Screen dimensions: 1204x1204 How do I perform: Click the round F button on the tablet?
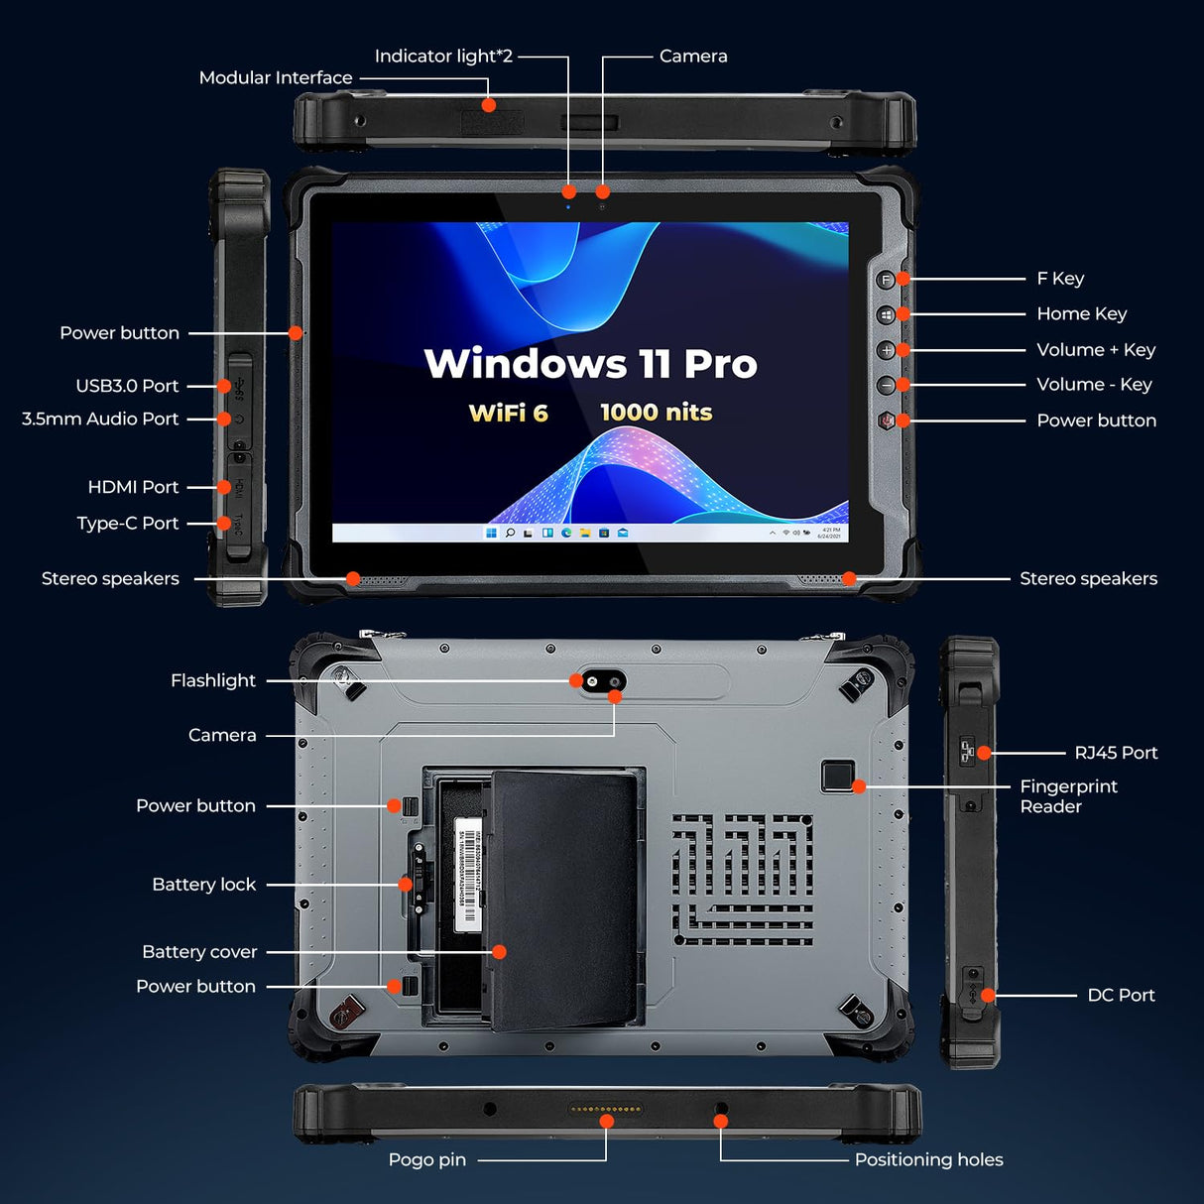tap(887, 280)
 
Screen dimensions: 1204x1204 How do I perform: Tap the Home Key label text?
tap(1081, 314)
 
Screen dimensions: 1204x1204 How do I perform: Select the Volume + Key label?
tap(1095, 350)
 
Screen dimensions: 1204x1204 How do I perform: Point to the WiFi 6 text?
tap(508, 413)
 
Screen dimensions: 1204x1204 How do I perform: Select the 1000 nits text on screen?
tap(656, 413)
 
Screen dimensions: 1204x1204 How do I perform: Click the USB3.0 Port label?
tap(127, 386)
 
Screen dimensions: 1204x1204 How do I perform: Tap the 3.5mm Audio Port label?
tap(100, 420)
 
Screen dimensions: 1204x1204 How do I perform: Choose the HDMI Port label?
tap(133, 487)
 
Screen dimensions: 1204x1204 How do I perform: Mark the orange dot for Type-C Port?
tap(225, 523)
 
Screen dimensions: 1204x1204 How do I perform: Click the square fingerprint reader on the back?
tap(838, 776)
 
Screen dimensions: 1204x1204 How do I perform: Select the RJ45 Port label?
tap(1116, 753)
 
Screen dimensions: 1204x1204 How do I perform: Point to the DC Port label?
tap(1121, 995)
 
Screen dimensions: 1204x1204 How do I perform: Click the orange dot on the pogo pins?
tap(606, 1122)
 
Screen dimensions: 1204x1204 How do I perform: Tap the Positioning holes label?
tap(928, 1159)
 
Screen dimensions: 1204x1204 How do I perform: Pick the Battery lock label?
tap(203, 885)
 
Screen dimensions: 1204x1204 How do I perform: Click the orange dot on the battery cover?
tap(499, 952)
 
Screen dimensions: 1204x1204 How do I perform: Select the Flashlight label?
tap(212, 680)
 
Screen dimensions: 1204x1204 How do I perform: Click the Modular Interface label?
tap(275, 77)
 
